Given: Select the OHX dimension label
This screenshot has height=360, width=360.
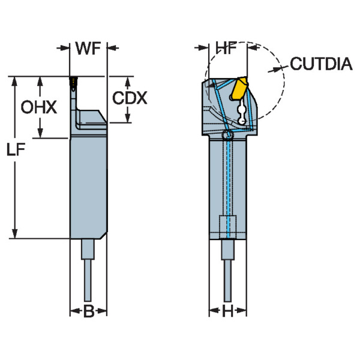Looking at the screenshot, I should point(39,107).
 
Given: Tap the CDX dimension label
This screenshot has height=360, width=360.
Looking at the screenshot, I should point(130,98).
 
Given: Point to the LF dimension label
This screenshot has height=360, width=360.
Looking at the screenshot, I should point(18,152).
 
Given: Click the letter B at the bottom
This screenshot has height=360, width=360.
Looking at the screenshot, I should point(88,311).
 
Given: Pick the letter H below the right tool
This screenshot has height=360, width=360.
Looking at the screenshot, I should point(227,311).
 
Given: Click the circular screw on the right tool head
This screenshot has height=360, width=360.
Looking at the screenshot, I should point(227,136).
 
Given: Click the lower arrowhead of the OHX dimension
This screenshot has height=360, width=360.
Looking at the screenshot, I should point(40,133).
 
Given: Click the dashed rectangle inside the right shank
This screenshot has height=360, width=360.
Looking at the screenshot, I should point(227,227).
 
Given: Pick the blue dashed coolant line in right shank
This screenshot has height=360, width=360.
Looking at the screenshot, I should point(228,180).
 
